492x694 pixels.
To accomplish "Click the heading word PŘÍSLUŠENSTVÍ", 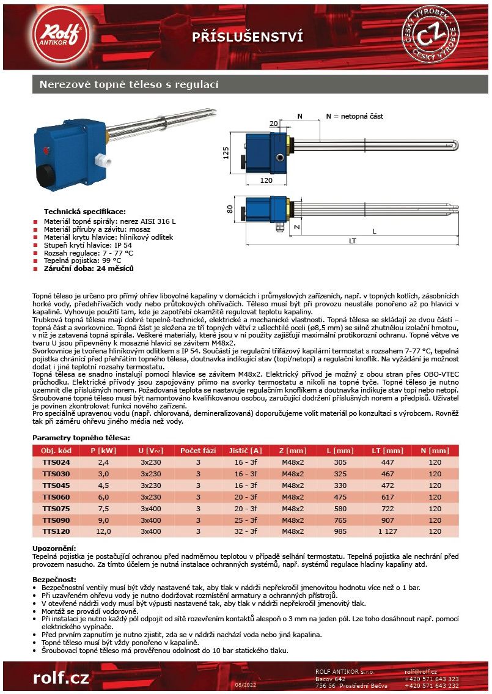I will (x=248, y=37).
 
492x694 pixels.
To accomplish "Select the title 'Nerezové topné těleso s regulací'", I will (x=129, y=84).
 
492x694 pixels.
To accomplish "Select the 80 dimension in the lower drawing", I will (x=230, y=209).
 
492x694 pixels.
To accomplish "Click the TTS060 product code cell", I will (x=56, y=497).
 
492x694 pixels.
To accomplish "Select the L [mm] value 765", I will (x=340, y=520).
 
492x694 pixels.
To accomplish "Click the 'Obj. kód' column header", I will (x=56, y=451).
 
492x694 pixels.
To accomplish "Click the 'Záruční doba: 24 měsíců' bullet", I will (x=89, y=268).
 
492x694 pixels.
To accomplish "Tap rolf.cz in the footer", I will (x=61, y=677).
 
